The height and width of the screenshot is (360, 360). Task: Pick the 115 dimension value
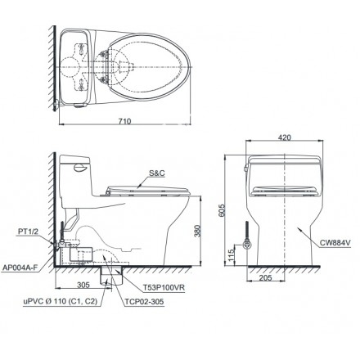[232, 257]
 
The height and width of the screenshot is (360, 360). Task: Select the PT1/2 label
[28, 232]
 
